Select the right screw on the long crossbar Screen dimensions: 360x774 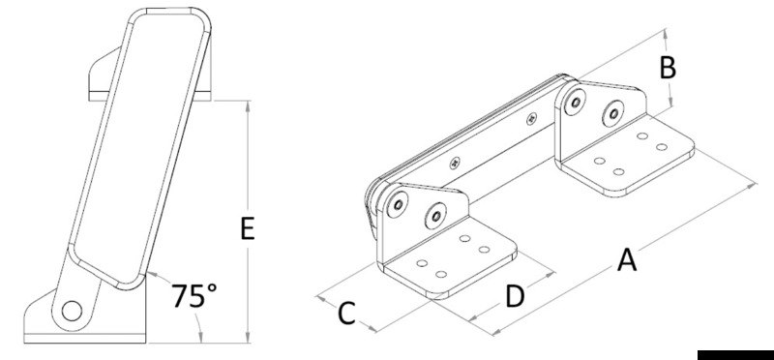(x=529, y=120)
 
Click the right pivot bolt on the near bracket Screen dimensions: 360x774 (x=437, y=213)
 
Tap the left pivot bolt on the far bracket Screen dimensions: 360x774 (x=574, y=102)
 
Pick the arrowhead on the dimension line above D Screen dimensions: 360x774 (x=552, y=274)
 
